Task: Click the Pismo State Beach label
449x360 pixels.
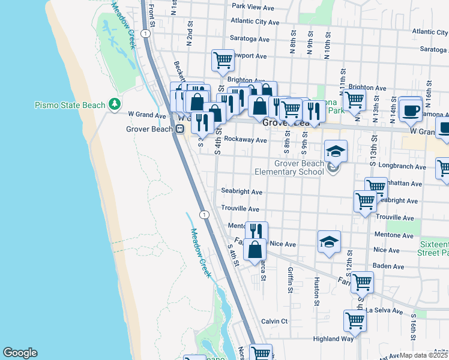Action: [70, 106]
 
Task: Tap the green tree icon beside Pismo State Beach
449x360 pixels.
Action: [115, 105]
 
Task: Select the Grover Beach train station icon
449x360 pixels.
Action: [179, 129]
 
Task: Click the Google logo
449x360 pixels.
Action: [20, 353]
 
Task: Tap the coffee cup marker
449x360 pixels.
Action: [411, 109]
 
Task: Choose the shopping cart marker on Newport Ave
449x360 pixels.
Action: [223, 60]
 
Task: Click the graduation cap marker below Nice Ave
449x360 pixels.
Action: [328, 242]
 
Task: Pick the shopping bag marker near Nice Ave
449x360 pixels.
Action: [255, 249]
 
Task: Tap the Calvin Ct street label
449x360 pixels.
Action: [275, 322]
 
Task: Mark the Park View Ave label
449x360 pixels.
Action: [253, 7]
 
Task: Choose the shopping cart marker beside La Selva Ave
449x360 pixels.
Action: [355, 320]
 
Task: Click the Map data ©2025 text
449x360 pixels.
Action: [423, 355]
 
